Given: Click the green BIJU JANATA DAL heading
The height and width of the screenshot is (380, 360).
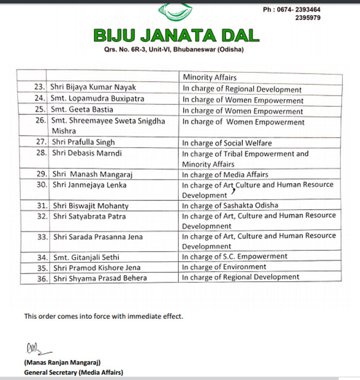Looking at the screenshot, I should pos(176,35).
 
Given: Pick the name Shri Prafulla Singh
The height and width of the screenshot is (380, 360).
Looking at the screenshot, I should pos(83,142).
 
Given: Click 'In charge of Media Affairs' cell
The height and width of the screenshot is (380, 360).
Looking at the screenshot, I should pos(226,175).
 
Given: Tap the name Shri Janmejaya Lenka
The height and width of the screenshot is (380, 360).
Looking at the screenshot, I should pos(89,185).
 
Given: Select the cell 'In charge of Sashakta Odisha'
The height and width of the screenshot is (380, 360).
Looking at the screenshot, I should pos(230,206).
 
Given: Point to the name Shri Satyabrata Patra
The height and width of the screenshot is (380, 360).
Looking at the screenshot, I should pos(89,216).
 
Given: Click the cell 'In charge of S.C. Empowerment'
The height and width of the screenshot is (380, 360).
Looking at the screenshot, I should pos(235,257).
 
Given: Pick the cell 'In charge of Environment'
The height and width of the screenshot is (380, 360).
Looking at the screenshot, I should pos(225,267).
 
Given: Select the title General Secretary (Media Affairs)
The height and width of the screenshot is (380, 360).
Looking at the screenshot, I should pos(74,372).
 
